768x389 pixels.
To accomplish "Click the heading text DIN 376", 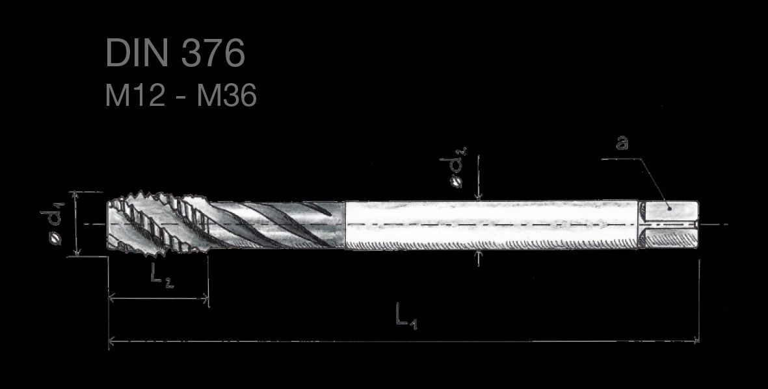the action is pyautogui.click(x=175, y=53).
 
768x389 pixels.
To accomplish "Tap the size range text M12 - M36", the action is pyautogui.click(x=181, y=95).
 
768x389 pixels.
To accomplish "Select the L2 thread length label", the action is pyautogui.click(x=162, y=277).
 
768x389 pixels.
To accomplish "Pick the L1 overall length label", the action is pyautogui.click(x=406, y=316).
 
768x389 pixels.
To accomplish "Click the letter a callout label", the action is pyautogui.click(x=622, y=142).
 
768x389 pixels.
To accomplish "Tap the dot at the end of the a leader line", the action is pyautogui.click(x=669, y=208).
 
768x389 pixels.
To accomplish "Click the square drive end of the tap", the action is pyautogui.click(x=669, y=225).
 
